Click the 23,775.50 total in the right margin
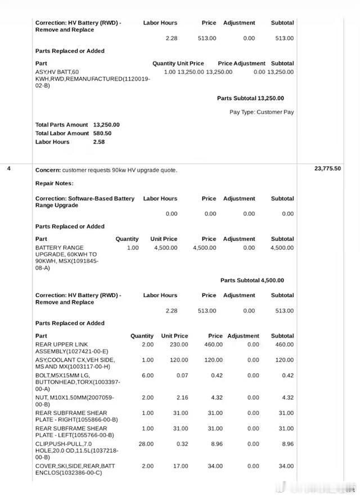(x=327, y=169)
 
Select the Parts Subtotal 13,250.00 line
(x=250, y=98)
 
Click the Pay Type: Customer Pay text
(x=262, y=112)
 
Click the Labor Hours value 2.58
(x=100, y=142)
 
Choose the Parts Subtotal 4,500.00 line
(x=252, y=281)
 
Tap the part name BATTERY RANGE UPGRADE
(x=60, y=251)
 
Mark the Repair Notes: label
(x=55, y=183)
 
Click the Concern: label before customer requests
(x=48, y=170)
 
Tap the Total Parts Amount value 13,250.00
(x=106, y=125)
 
